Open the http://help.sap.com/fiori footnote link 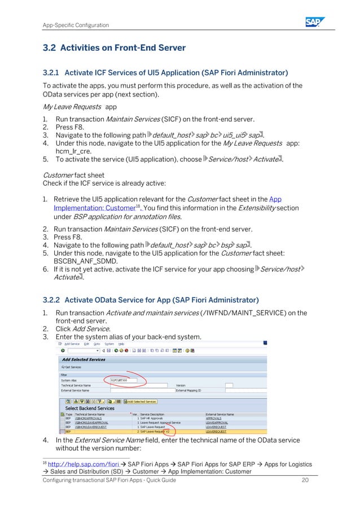pos(77,464)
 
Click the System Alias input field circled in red pos(124,380)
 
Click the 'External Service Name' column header pos(219,414)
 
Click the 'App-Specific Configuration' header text pos(76,25)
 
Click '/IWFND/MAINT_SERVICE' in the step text pos(242,313)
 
